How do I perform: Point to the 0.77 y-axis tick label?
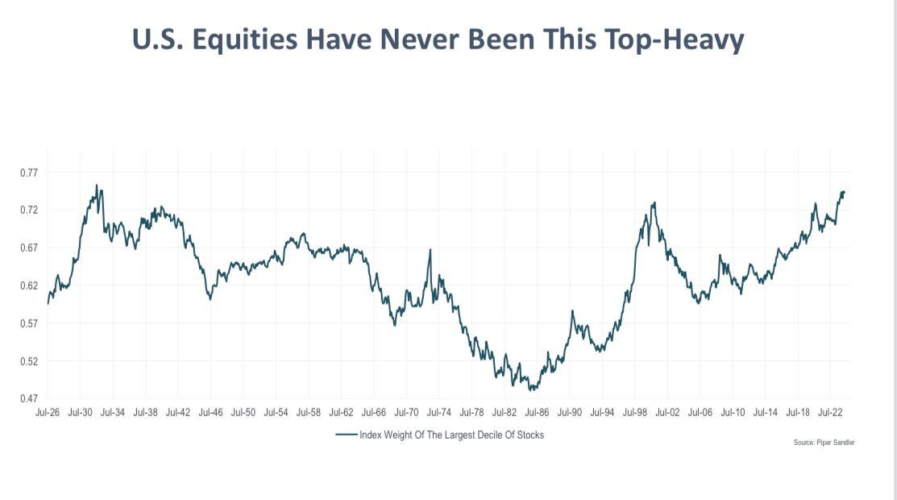coord(28,173)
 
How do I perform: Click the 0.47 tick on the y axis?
coord(28,398)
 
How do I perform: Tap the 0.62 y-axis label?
coord(28,285)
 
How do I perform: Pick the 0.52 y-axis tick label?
coord(28,361)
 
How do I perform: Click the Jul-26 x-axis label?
coord(48,412)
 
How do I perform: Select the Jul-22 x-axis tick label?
coord(831,412)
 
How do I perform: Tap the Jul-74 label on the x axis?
coord(439,412)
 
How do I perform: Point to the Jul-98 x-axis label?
coord(635,412)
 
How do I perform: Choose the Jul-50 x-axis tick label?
coord(243,412)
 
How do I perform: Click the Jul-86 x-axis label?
coord(538,412)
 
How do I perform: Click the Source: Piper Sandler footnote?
coord(824,444)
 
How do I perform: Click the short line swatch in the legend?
coord(347,435)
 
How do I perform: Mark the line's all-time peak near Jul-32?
coord(97,185)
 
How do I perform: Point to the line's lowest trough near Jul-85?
coord(530,390)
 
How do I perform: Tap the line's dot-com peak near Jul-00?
coord(654,202)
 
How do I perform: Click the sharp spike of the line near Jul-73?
coord(430,250)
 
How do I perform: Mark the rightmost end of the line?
coord(844,192)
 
